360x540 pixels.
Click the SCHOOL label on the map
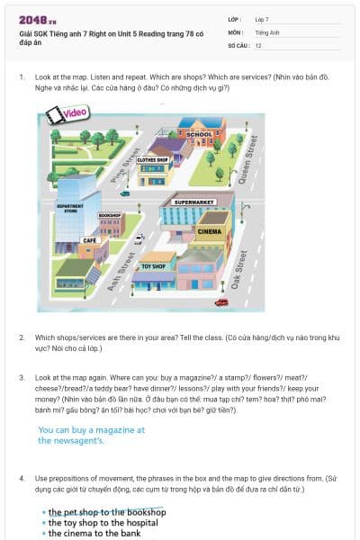click(x=200, y=135)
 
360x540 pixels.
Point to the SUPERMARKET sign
click(x=193, y=202)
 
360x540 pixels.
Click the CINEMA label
click(x=209, y=231)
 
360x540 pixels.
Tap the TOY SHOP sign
click(x=153, y=266)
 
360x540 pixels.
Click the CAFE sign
click(x=90, y=240)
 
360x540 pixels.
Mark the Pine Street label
click(x=120, y=166)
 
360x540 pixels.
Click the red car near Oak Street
click(x=221, y=302)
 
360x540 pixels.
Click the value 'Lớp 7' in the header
click(x=262, y=19)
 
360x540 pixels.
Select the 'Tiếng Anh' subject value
click(x=267, y=31)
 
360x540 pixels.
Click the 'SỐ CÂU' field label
click(x=238, y=44)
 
